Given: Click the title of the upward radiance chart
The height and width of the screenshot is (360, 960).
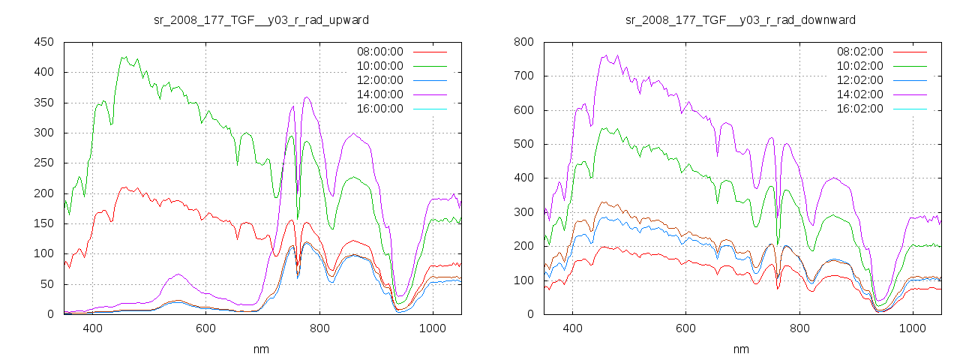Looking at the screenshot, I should click(261, 19).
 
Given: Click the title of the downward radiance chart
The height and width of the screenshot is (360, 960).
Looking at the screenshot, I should click(741, 19).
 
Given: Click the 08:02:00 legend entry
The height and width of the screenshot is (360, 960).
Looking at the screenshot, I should click(859, 52).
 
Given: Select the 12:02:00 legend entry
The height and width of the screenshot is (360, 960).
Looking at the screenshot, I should click(859, 80).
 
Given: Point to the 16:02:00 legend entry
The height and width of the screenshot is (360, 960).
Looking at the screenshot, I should click(859, 109).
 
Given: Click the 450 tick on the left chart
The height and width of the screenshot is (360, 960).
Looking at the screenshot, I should click(43, 42).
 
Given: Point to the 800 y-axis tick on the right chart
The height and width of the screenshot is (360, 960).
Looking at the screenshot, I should click(523, 42).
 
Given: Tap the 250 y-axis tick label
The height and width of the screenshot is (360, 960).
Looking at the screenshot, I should click(43, 163).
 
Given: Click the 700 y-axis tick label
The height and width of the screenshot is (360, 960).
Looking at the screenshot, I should click(523, 76).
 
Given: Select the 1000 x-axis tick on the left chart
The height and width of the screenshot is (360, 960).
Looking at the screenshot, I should click(432, 328).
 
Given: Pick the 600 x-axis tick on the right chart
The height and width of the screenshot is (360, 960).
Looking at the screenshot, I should click(685, 328).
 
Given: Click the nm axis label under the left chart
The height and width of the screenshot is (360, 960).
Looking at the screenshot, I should click(261, 349).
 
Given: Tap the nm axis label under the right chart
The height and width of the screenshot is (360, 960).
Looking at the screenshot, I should click(741, 349).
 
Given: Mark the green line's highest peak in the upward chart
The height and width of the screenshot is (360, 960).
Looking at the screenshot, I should click(122, 57).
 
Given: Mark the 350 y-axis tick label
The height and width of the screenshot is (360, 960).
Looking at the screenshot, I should click(43, 103).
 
